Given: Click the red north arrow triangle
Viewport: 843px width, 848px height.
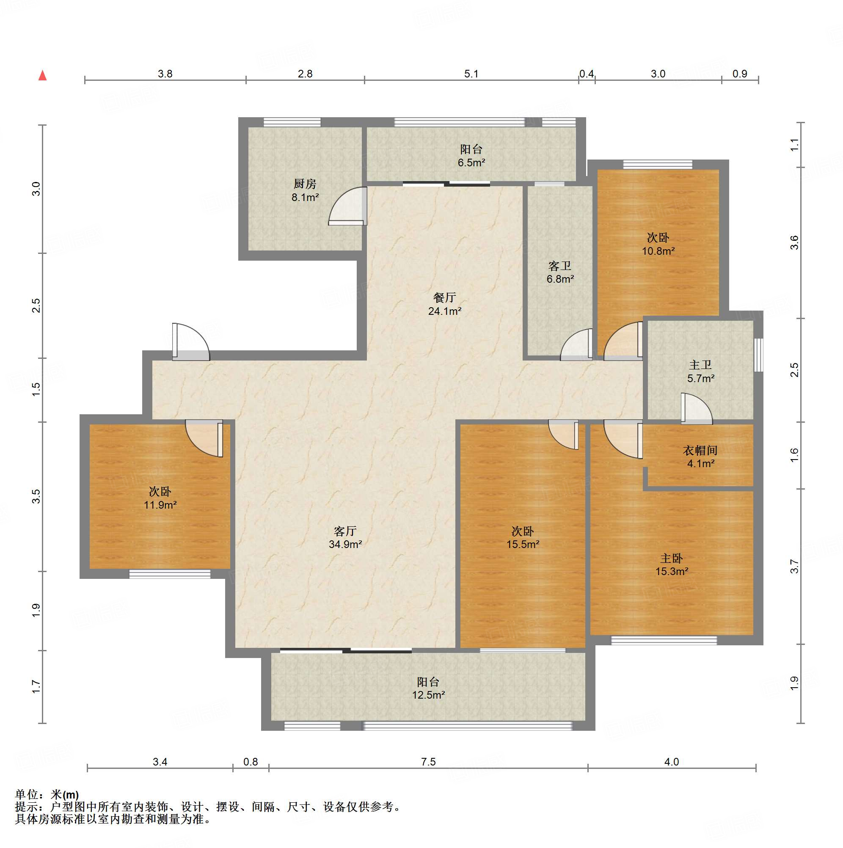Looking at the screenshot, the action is tap(43, 75).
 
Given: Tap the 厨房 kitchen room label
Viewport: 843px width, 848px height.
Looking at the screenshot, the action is tap(305, 184).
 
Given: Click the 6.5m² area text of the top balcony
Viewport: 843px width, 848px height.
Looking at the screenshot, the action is tap(471, 163).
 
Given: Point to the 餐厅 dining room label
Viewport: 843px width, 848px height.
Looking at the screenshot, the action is tap(445, 297).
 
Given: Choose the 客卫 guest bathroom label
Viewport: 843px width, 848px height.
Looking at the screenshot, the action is tap(560, 266).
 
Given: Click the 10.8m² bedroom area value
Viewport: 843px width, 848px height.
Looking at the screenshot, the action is tap(658, 251).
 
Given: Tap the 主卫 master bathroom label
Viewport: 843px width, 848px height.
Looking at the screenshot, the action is tap(700, 365).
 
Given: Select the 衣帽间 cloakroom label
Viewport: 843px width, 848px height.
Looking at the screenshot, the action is tap(700, 450).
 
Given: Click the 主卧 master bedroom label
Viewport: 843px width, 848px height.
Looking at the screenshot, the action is tap(672, 558).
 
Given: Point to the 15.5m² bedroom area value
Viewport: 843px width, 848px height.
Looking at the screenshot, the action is tap(523, 544).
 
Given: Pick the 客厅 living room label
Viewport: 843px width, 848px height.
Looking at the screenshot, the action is tap(345, 531).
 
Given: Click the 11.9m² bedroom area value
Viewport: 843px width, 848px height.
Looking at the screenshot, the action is tap(160, 505).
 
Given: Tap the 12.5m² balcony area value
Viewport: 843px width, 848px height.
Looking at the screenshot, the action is tap(429, 695).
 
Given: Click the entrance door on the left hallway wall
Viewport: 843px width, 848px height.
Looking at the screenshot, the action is tap(190, 342).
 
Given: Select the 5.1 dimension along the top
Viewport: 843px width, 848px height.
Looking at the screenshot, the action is tap(471, 74).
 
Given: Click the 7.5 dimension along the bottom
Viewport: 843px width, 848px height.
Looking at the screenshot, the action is tap(428, 762).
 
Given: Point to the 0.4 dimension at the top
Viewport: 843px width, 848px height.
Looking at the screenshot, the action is tap(587, 74).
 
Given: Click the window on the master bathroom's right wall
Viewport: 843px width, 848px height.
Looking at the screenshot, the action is tap(759, 355).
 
